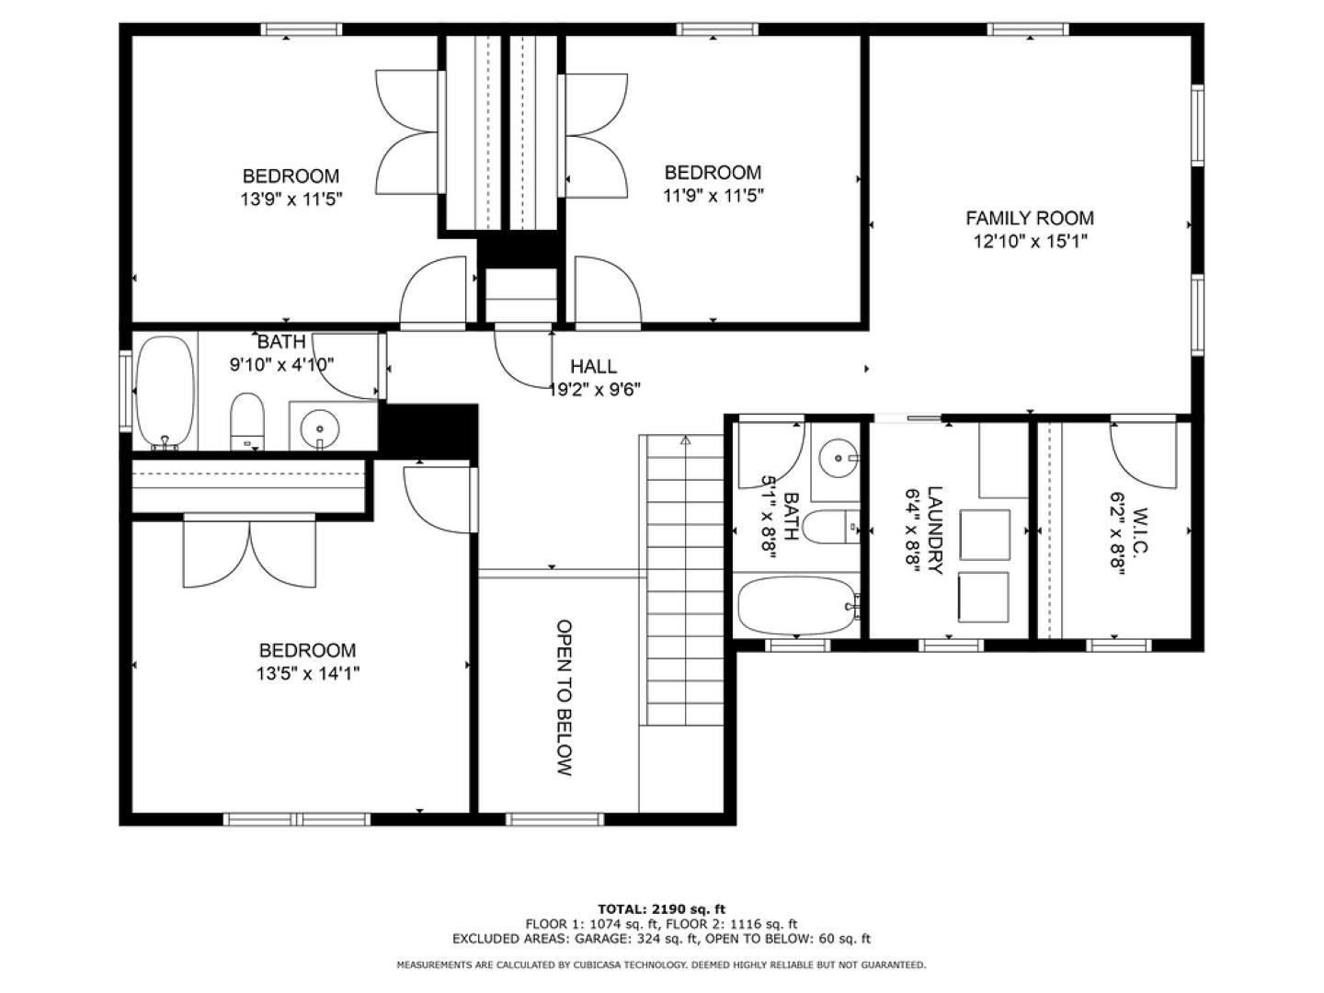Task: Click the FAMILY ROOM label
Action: pyautogui.click(x=1029, y=218)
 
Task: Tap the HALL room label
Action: pyautogui.click(x=593, y=366)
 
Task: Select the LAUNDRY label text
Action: pyautogui.click(x=934, y=530)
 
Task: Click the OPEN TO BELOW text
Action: pyautogui.click(x=564, y=697)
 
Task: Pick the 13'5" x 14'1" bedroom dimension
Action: pyautogui.click(x=308, y=673)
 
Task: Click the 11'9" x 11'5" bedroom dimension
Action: pyautogui.click(x=713, y=195)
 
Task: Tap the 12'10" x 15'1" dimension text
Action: pyautogui.click(x=1030, y=241)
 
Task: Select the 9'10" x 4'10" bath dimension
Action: pyautogui.click(x=281, y=364)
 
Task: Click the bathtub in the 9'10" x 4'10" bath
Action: pyautogui.click(x=165, y=394)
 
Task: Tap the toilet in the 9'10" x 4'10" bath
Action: pyautogui.click(x=247, y=421)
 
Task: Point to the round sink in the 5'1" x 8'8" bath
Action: pyautogui.click(x=839, y=458)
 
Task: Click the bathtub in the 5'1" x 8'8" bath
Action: pyautogui.click(x=797, y=605)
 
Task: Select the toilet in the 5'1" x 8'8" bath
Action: pyautogui.click(x=832, y=526)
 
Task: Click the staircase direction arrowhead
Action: pyautogui.click(x=685, y=440)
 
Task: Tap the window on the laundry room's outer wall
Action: pyautogui.click(x=951, y=645)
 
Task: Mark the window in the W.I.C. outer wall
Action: pyautogui.click(x=1118, y=645)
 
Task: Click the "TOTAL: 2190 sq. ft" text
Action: pyautogui.click(x=661, y=909)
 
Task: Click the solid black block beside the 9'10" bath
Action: pyautogui.click(x=428, y=431)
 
